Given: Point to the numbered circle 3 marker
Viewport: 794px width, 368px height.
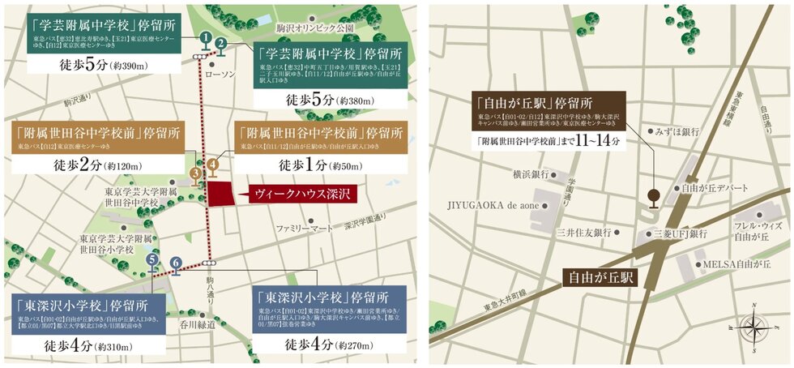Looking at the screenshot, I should coord(194,173).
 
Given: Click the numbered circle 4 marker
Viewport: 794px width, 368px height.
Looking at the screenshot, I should coord(212,165).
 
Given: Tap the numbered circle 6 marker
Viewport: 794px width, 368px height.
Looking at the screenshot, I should coord(175,262).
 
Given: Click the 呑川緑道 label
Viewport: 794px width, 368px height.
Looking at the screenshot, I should coord(197,324).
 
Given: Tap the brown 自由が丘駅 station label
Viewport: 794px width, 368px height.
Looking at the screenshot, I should coord(600,277).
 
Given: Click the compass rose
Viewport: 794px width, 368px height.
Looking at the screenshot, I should coord(753,327).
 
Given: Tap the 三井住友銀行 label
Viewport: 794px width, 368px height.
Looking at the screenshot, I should coord(583,233).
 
